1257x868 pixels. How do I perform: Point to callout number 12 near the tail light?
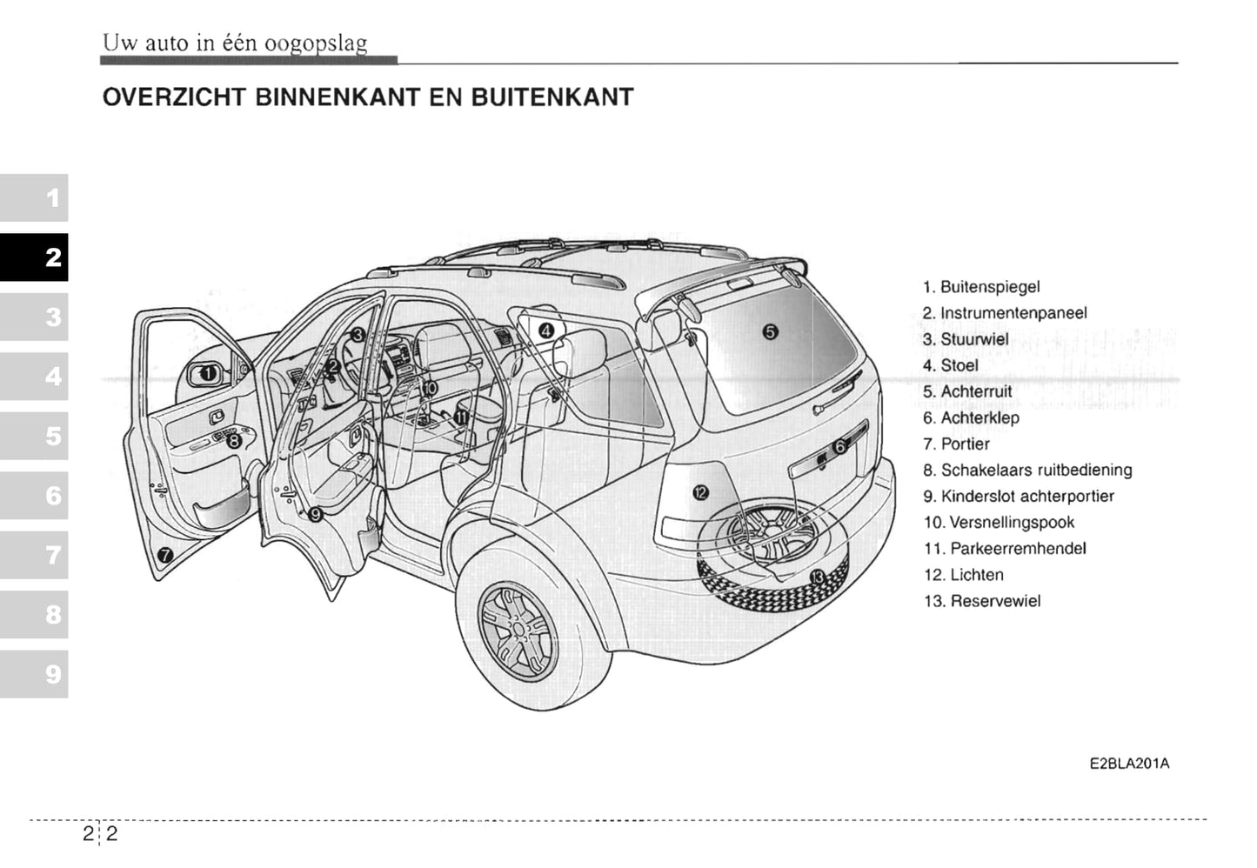(x=700, y=493)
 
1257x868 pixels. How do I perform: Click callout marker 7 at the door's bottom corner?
(x=165, y=555)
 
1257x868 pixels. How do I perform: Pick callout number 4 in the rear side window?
(x=545, y=330)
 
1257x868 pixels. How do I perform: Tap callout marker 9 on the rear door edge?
(x=316, y=514)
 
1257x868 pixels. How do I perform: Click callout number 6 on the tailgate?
(x=839, y=447)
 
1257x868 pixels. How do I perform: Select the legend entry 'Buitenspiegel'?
(x=980, y=287)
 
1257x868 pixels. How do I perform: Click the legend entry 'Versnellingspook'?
(x=999, y=523)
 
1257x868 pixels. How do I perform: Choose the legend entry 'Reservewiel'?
(x=982, y=601)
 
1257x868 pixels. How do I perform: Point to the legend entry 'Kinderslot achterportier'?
(x=1019, y=497)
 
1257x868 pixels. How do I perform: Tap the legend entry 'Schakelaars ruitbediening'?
(x=1027, y=471)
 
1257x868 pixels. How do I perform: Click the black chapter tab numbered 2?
(x=35, y=257)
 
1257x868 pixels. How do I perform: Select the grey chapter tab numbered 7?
(x=35, y=555)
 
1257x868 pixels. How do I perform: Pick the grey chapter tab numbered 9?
(x=35, y=674)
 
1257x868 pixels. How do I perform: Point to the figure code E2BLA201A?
(x=1129, y=764)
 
